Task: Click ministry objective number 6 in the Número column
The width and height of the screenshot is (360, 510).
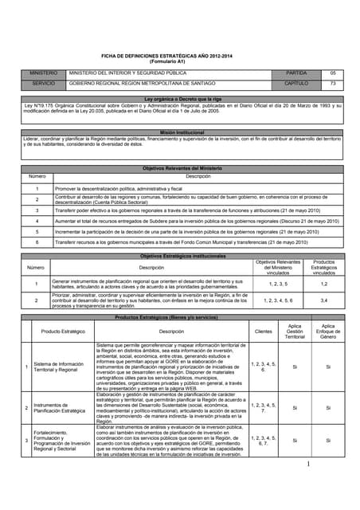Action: (37, 241)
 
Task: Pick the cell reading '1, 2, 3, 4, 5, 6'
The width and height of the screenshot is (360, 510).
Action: (278, 300)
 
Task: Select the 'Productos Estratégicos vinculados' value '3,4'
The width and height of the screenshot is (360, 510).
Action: (323, 300)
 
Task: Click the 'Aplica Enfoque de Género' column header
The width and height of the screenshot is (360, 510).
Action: (327, 331)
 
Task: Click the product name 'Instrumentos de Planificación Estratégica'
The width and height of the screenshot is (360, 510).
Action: (61, 407)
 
